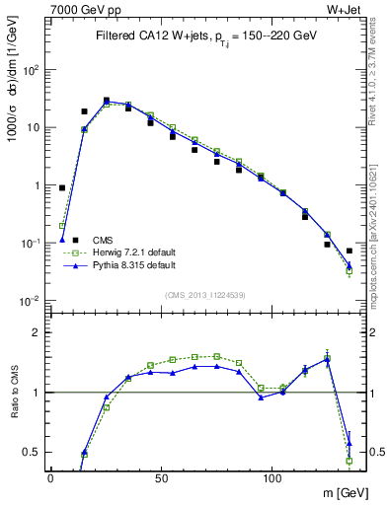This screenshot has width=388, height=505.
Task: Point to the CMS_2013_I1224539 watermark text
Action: point(204,295)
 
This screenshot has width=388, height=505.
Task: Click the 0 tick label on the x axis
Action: point(50,476)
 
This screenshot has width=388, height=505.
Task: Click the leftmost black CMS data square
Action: point(62,187)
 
